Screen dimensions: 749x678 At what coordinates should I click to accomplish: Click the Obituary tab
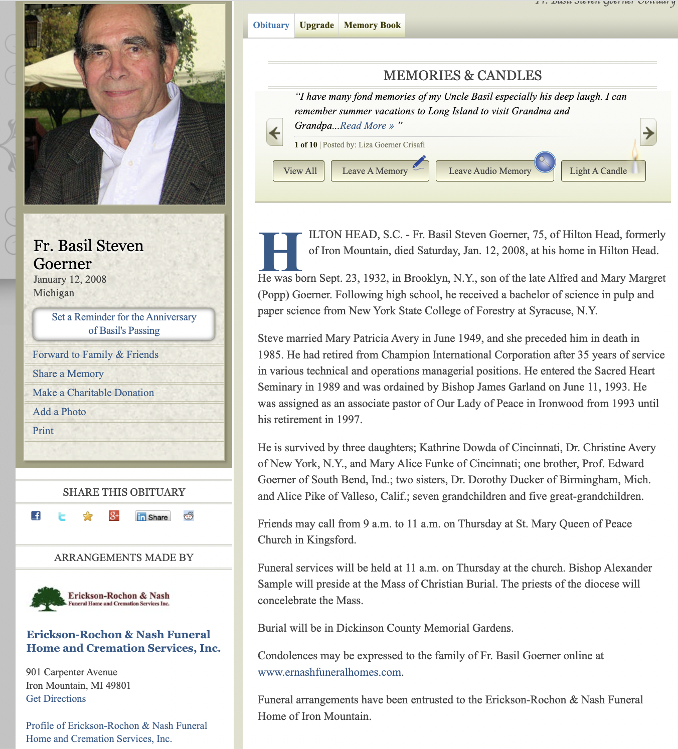point(271,25)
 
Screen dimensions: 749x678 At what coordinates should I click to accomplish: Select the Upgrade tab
point(316,25)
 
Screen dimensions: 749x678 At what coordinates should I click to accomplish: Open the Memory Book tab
point(372,25)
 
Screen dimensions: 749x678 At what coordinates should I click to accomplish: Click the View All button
point(300,171)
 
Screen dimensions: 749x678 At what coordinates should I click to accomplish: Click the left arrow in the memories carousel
point(274,133)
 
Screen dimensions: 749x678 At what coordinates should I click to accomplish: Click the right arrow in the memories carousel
point(648,133)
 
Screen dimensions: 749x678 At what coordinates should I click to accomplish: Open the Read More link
point(367,126)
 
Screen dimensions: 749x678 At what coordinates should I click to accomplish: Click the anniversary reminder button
point(124,324)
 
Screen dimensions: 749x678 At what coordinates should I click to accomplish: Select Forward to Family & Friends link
point(95,354)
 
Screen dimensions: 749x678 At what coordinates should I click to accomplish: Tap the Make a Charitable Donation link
point(93,393)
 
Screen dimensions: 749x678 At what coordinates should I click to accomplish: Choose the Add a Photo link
point(59,412)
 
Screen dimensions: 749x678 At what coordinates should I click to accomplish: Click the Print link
point(43,431)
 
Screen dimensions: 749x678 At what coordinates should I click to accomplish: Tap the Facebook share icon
point(36,516)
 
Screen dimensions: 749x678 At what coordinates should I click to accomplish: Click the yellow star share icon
point(88,516)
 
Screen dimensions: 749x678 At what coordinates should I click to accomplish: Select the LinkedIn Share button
point(153,516)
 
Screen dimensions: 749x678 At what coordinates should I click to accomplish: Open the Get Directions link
point(56,698)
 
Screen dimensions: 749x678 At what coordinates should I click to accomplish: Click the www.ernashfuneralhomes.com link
point(329,672)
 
